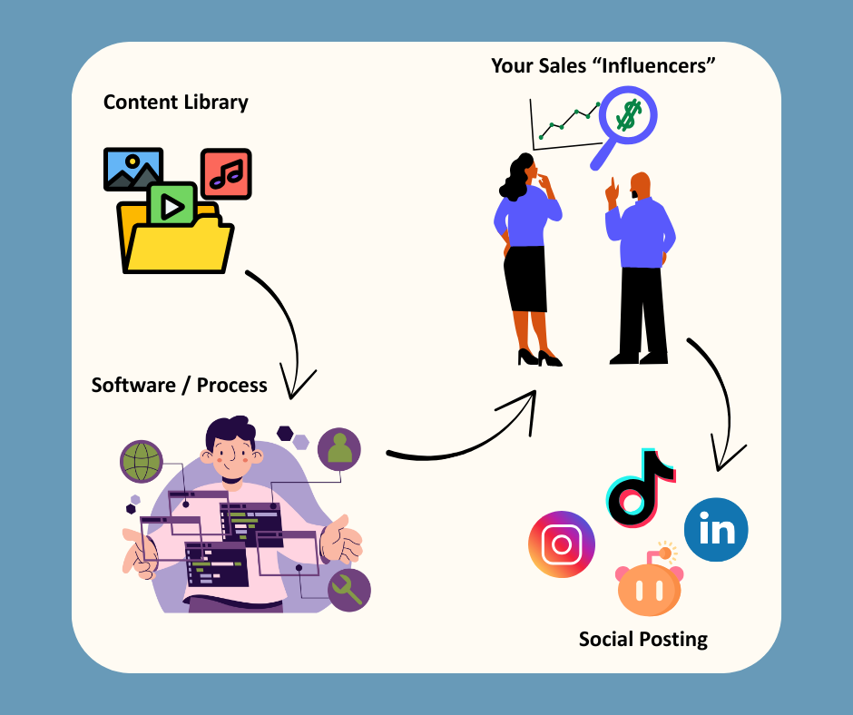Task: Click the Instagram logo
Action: click(x=562, y=544)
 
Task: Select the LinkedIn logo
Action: click(x=716, y=529)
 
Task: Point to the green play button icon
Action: click(x=172, y=206)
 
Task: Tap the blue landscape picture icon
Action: click(x=133, y=169)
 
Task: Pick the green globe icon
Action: click(x=141, y=461)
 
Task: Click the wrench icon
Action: click(x=348, y=591)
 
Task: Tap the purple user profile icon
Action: click(x=339, y=449)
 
